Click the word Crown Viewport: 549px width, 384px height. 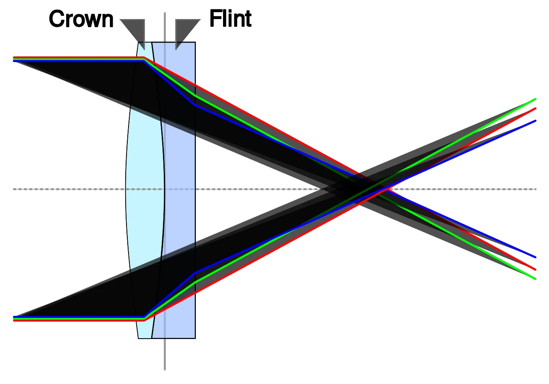click(x=81, y=19)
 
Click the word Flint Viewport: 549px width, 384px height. click(x=230, y=18)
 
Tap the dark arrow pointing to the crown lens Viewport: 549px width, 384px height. click(x=134, y=34)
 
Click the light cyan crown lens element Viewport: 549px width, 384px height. click(x=145, y=190)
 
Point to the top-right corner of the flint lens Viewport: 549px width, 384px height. click(x=195, y=42)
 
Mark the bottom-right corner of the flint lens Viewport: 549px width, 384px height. click(x=195, y=339)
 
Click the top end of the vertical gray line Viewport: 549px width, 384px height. click(x=165, y=13)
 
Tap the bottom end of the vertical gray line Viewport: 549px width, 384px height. click(x=165, y=369)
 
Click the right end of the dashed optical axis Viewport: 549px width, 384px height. click(x=536, y=189)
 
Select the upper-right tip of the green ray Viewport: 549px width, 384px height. click(x=536, y=99)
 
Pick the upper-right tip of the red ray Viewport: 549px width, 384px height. click(x=536, y=108)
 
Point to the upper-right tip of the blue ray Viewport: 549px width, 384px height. click(x=536, y=121)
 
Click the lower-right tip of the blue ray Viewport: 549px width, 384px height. click(x=536, y=257)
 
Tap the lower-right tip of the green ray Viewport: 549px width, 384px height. click(x=536, y=279)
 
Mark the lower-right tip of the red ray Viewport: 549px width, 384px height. click(x=536, y=270)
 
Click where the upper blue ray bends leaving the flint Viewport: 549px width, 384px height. click(x=195, y=105)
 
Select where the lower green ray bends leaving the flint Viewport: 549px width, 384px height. click(x=195, y=282)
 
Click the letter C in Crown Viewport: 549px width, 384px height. click(x=57, y=19)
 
